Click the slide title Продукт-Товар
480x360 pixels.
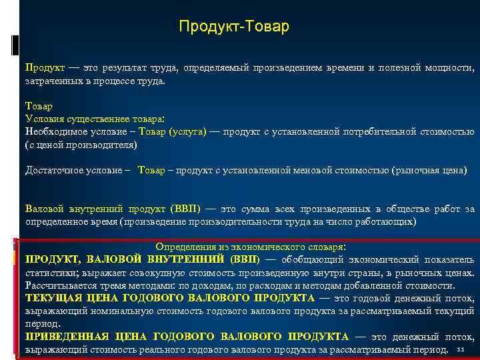click(234, 27)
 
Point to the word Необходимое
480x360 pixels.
click(53, 131)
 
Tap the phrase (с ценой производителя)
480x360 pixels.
click(80, 144)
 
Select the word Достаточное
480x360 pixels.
click(53, 170)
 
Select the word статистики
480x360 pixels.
click(50, 272)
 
